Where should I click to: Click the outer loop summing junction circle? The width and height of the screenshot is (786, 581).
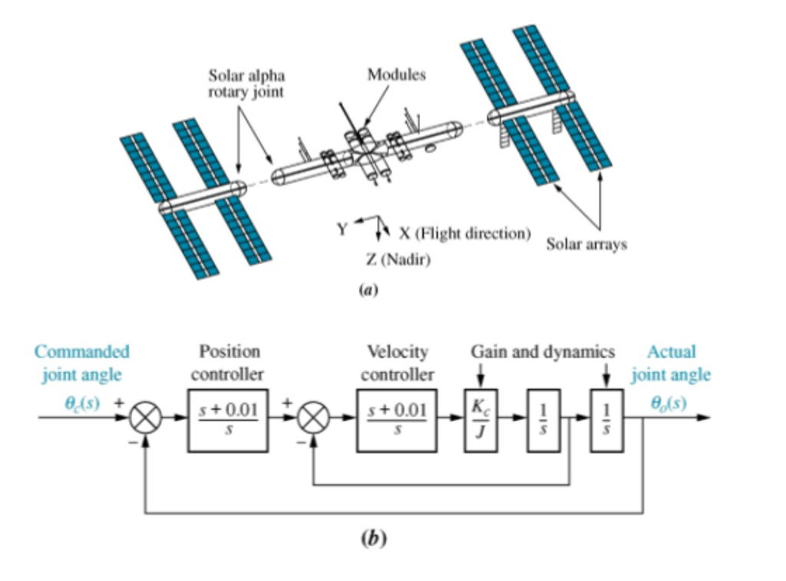145,419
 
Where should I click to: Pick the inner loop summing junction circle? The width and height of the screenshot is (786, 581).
314,419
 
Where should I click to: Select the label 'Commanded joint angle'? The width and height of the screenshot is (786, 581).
81,363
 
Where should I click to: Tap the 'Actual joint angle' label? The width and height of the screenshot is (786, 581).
671,363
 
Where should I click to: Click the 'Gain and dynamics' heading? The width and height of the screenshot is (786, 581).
543,352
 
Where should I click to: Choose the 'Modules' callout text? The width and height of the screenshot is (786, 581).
396,74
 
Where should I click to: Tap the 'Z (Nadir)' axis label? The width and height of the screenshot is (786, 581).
398,260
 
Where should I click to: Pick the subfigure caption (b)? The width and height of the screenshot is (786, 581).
374,539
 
